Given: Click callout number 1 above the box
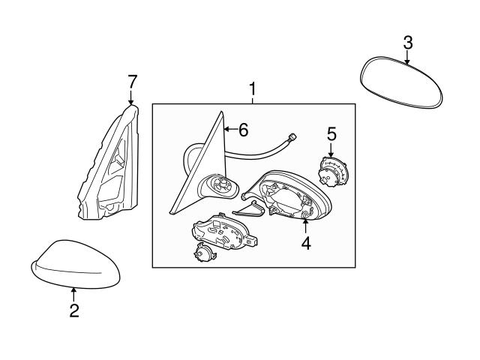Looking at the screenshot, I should tap(253, 90).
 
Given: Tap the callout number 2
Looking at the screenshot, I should tap(73, 310).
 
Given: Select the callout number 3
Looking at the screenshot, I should tap(407, 43).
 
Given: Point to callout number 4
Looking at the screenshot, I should tap(306, 244).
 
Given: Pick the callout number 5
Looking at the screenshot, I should tap(331, 134).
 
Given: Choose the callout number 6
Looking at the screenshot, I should tap(242, 129).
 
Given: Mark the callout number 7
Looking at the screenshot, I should tap(132, 80).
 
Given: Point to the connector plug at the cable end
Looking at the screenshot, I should tap(293, 138).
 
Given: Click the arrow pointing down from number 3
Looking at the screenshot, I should tap(407, 58).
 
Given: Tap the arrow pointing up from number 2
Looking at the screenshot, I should tap(73, 294).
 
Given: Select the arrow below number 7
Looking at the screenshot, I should tap(132, 97).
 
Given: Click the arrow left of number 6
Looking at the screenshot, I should tap(229, 129).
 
